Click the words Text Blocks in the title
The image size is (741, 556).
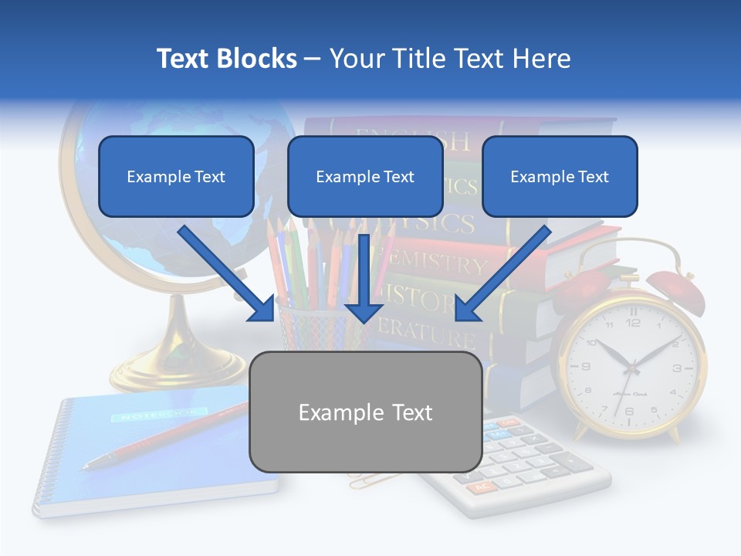tap(226, 59)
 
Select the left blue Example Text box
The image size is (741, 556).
tap(176, 176)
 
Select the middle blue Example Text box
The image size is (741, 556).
tap(365, 176)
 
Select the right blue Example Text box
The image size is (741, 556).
tap(560, 176)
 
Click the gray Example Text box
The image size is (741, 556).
tap(365, 412)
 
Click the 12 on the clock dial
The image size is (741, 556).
tap(633, 322)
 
